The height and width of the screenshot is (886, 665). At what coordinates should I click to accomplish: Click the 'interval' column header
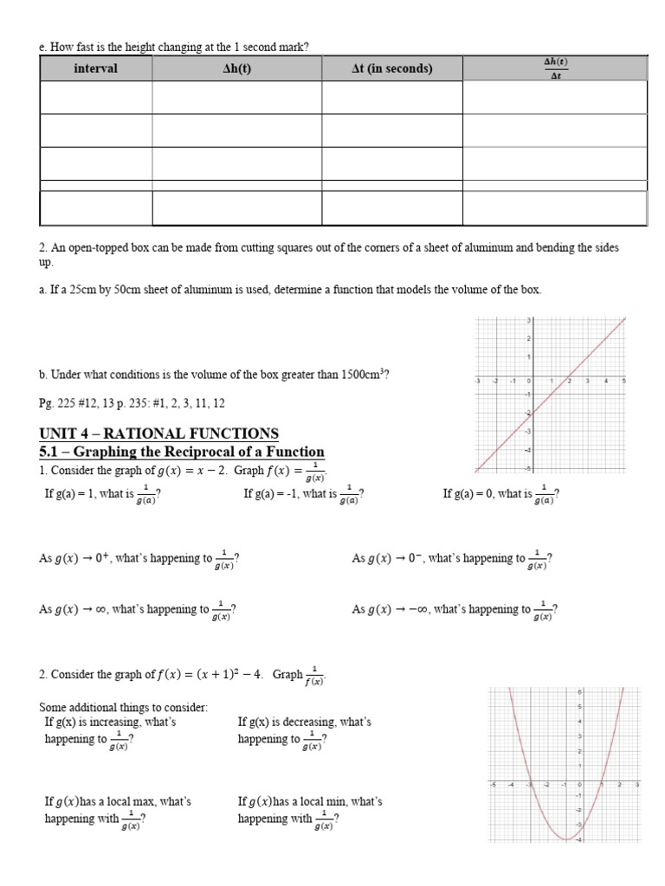click(x=95, y=68)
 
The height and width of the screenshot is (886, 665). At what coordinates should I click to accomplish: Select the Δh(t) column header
click(x=236, y=68)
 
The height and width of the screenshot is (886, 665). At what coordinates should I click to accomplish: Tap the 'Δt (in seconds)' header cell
click(x=391, y=68)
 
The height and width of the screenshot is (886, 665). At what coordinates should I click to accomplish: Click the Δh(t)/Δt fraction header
click(x=554, y=67)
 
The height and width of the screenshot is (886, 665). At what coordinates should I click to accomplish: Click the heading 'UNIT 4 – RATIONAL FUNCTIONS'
click(x=159, y=433)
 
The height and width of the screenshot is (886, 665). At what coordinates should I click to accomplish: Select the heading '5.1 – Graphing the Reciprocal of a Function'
click(x=182, y=452)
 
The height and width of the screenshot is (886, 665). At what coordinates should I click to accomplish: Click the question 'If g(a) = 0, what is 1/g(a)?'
click(x=500, y=495)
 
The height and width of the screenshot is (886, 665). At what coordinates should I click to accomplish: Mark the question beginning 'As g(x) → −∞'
click(x=455, y=610)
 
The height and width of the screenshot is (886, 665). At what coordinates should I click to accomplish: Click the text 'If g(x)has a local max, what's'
click(x=118, y=802)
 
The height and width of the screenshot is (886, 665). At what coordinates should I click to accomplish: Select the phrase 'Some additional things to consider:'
click(x=124, y=707)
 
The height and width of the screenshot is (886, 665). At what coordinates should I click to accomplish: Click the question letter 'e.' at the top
click(x=43, y=47)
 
